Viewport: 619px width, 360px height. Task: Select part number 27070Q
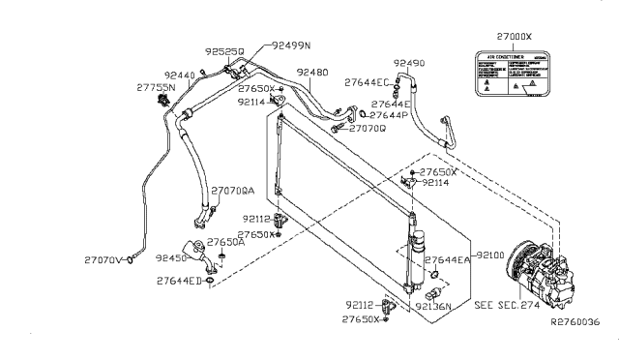coord(368,128)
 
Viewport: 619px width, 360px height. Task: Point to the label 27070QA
coord(233,191)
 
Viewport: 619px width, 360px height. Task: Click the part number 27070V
coord(103,259)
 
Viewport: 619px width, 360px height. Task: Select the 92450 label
coord(172,258)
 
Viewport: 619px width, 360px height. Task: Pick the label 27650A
coord(226,243)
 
